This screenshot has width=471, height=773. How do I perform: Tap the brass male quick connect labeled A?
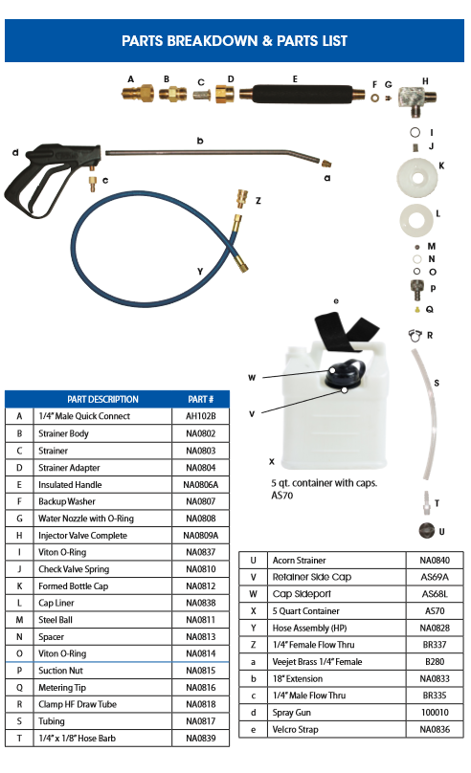(138, 93)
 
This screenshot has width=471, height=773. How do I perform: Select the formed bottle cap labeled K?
(417, 178)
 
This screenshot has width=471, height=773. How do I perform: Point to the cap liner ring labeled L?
(416, 220)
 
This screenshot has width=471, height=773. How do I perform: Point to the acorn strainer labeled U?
(427, 530)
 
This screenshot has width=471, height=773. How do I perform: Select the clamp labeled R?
(415, 335)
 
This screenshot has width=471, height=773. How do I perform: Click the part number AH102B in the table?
(201, 416)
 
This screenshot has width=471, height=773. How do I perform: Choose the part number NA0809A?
(201, 536)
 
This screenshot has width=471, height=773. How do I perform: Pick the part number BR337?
(435, 645)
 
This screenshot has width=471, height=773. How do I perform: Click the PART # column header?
(201, 399)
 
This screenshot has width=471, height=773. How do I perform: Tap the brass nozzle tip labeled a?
(326, 164)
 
